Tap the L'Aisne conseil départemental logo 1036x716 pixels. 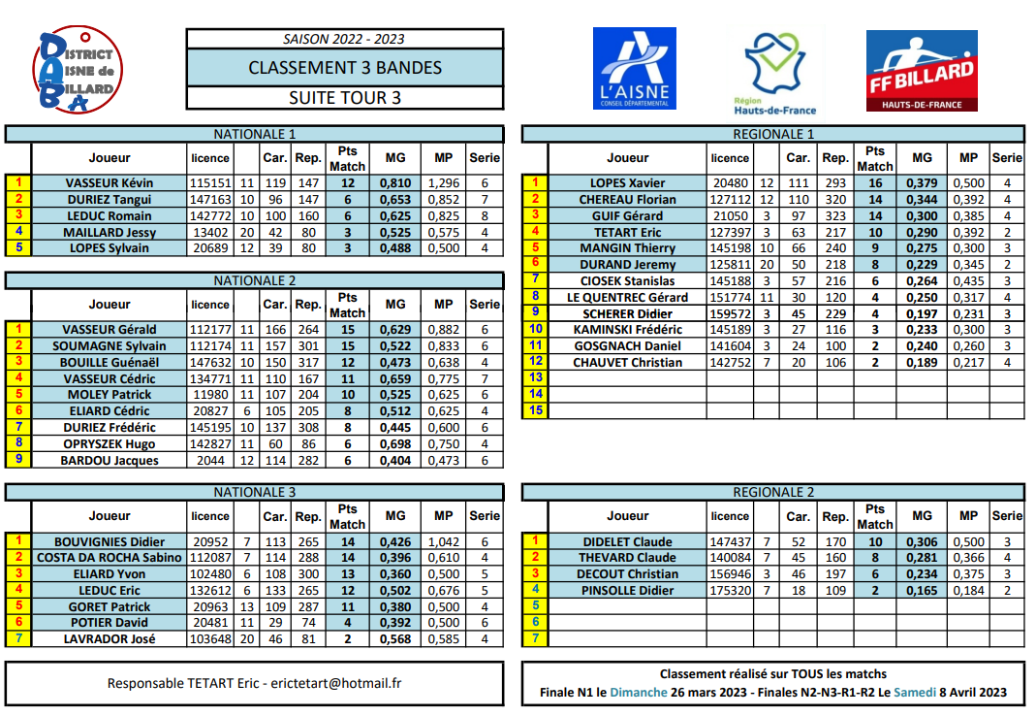point(635,69)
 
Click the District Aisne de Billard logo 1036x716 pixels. point(78,71)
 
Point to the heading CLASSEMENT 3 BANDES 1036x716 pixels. point(345,68)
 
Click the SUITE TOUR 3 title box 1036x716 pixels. point(345,98)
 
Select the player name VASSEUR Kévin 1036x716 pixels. point(109,182)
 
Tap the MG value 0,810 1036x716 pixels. point(395,182)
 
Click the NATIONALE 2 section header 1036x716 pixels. point(254,280)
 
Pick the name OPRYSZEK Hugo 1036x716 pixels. point(109,443)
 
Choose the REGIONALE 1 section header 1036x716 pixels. point(773,134)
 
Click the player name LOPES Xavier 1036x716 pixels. point(627,182)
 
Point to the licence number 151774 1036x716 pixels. point(730,297)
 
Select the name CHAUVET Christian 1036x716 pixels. point(627,362)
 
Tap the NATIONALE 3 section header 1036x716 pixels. point(254,492)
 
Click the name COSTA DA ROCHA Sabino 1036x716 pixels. point(110,557)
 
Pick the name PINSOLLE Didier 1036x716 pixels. point(627,590)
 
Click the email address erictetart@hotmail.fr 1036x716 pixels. point(336,683)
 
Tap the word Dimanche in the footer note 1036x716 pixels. point(639,693)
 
